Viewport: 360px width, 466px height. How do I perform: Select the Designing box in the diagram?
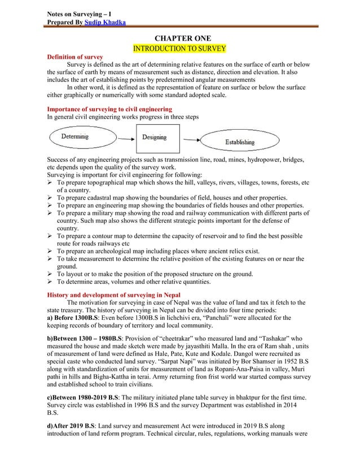point(154,137)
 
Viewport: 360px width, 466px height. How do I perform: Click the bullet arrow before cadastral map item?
point(50,198)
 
